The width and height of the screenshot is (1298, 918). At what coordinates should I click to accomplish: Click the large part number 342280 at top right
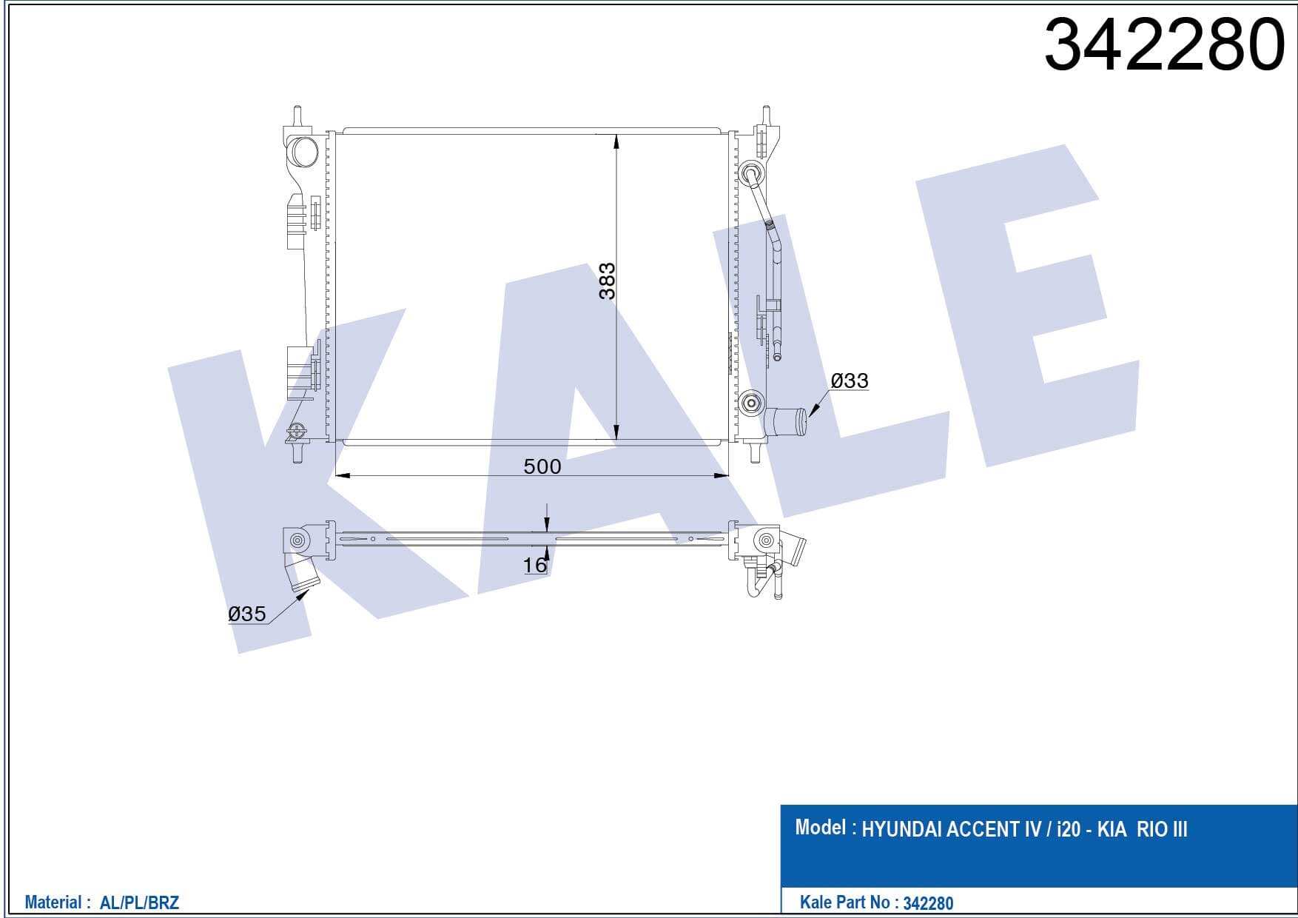pos(1164,44)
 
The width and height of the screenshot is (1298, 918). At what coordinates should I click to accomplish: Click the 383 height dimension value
pos(607,281)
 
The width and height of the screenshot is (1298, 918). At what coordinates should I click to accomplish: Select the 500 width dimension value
pos(542,466)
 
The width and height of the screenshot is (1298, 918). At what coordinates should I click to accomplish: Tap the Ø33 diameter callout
pos(850,381)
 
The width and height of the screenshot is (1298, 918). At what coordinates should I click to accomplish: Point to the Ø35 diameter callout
pos(247,614)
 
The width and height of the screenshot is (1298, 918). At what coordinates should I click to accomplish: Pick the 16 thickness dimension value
pos(534,565)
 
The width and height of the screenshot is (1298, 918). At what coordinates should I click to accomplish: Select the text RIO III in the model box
pos(1162,829)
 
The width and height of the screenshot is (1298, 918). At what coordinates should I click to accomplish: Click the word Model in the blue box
pos(820,827)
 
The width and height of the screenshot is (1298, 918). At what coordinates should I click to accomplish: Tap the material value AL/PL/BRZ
pos(139,902)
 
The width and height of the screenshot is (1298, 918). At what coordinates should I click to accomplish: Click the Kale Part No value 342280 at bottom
pos(928,903)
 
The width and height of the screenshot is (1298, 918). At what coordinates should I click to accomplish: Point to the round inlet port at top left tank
pos(303,151)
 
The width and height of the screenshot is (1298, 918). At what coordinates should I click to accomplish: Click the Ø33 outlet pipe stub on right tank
pos(787,423)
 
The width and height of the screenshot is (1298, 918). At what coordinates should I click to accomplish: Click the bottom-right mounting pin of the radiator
pos(756,451)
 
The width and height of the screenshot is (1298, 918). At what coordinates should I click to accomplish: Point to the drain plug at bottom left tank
pos(297,431)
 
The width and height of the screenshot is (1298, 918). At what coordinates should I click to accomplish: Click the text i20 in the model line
pos(1068,829)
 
